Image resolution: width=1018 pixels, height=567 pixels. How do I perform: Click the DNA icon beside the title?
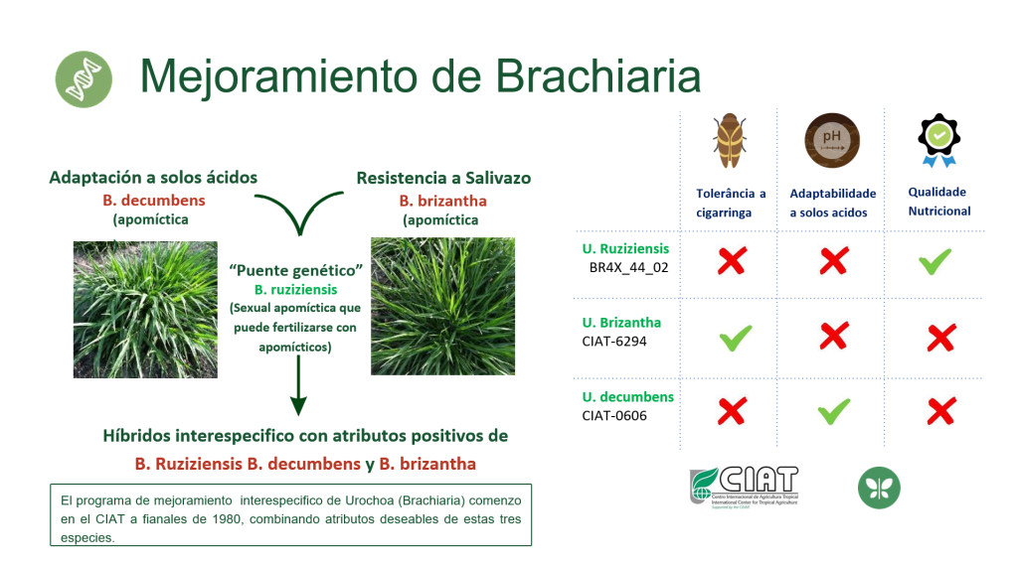click(x=84, y=79)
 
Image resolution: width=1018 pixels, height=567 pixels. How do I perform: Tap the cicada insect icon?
click(x=729, y=141)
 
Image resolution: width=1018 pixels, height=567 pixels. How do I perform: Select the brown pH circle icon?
click(x=832, y=140)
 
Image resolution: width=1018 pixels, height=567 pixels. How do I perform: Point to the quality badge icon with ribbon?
click(x=938, y=141)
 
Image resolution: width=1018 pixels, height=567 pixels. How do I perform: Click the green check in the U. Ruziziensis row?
click(x=934, y=261)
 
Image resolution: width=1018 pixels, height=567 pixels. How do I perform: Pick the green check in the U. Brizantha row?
click(x=736, y=338)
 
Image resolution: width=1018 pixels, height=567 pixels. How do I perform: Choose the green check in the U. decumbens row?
click(x=834, y=411)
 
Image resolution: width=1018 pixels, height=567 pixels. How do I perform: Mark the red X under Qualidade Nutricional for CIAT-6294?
click(x=940, y=338)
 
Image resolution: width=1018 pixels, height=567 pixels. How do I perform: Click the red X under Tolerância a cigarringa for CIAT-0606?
click(x=732, y=411)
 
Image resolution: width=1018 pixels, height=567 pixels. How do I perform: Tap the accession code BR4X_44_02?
click(x=628, y=268)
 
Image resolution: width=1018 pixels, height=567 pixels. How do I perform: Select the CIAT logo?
click(x=744, y=488)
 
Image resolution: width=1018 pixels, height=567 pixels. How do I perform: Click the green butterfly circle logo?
click(x=879, y=488)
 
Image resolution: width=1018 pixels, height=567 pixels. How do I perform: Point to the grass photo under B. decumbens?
click(x=145, y=310)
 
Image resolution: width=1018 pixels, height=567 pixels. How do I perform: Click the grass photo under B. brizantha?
click(x=442, y=306)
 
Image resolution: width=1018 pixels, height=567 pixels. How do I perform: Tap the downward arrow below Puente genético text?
click(x=298, y=385)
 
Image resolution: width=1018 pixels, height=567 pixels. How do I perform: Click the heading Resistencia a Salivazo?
click(x=443, y=178)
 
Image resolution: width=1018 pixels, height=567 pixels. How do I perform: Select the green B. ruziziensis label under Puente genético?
click(x=295, y=289)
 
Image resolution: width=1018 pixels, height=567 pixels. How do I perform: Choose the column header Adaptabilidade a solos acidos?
click(x=832, y=203)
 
